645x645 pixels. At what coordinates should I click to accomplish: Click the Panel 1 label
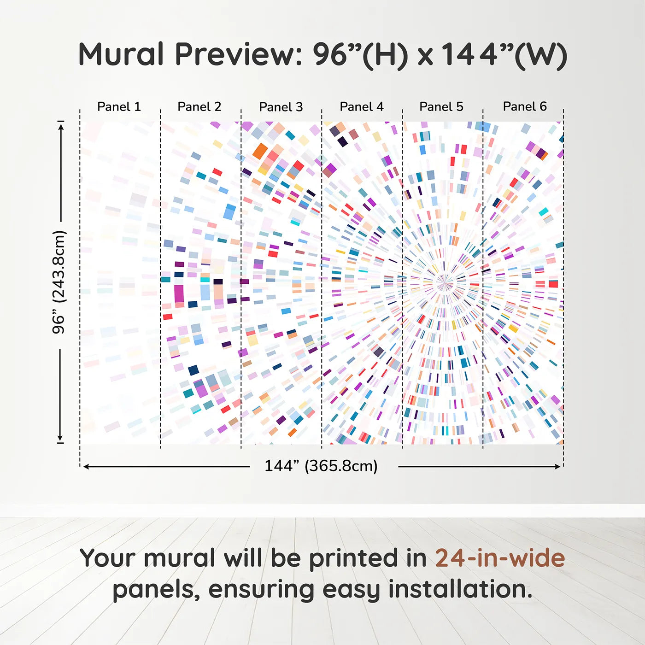(x=119, y=106)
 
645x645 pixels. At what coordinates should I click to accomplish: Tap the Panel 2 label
(x=199, y=106)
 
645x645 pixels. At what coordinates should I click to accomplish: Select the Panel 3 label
(x=281, y=107)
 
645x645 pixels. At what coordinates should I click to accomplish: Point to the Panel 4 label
(x=362, y=106)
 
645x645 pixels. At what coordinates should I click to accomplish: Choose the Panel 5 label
(x=441, y=106)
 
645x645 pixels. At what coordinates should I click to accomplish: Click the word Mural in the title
(x=121, y=54)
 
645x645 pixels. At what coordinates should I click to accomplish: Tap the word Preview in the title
(x=239, y=54)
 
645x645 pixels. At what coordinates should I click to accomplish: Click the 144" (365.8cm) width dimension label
(x=321, y=466)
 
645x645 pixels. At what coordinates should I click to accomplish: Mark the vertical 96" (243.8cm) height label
(x=59, y=282)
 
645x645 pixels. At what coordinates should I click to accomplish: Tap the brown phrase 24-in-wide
(x=500, y=558)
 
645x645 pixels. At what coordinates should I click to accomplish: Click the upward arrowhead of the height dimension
(x=60, y=127)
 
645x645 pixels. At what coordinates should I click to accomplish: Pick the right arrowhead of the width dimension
(x=557, y=466)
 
